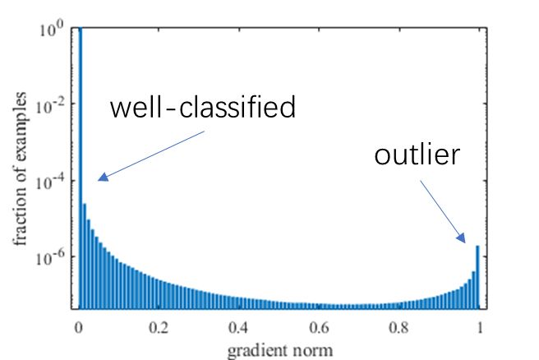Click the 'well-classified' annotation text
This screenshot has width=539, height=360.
pyautogui.click(x=203, y=108)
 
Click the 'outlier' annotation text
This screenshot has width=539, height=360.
pyautogui.click(x=416, y=155)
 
